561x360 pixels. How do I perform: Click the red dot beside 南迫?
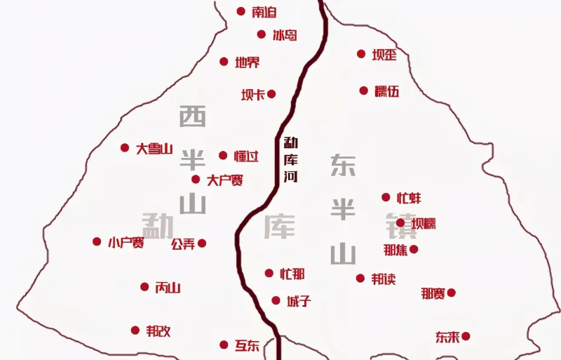click(x=241, y=11)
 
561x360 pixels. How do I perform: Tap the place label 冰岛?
click(x=285, y=34)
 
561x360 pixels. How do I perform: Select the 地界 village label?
click(x=248, y=62)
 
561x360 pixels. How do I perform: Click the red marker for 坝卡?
click(x=271, y=94)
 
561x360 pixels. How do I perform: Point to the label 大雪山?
click(x=154, y=148)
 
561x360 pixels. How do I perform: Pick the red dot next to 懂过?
click(x=223, y=155)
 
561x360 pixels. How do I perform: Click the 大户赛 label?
click(x=225, y=180)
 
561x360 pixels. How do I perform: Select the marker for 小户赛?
click(x=97, y=241)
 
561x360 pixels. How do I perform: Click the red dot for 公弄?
click(x=202, y=244)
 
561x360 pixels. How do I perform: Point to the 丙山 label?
click(x=168, y=287)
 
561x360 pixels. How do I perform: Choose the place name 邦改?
click(x=158, y=331)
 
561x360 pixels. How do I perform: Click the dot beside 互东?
click(x=224, y=345)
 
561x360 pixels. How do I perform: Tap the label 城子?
click(x=299, y=301)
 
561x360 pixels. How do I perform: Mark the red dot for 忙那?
click(x=269, y=273)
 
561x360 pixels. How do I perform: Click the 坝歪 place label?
click(x=384, y=55)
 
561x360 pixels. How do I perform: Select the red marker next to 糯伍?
click(x=364, y=91)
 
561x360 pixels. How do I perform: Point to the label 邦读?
click(x=384, y=279)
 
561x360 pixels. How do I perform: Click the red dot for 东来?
click(x=466, y=336)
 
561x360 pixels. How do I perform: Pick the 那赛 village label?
click(x=433, y=293)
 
